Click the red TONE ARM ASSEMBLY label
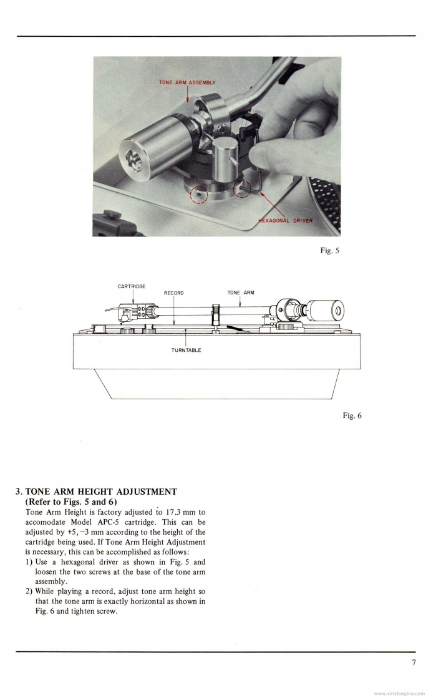[x=187, y=82]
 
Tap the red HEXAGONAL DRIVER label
[x=286, y=220]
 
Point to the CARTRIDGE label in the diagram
[x=132, y=286]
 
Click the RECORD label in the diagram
[x=173, y=293]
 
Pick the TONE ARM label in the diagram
[x=241, y=293]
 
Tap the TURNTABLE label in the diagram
[x=186, y=350]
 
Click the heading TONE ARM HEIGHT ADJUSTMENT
[x=100, y=492]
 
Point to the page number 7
[x=414, y=663]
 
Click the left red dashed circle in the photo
[x=199, y=195]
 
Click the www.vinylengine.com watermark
[x=399, y=693]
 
